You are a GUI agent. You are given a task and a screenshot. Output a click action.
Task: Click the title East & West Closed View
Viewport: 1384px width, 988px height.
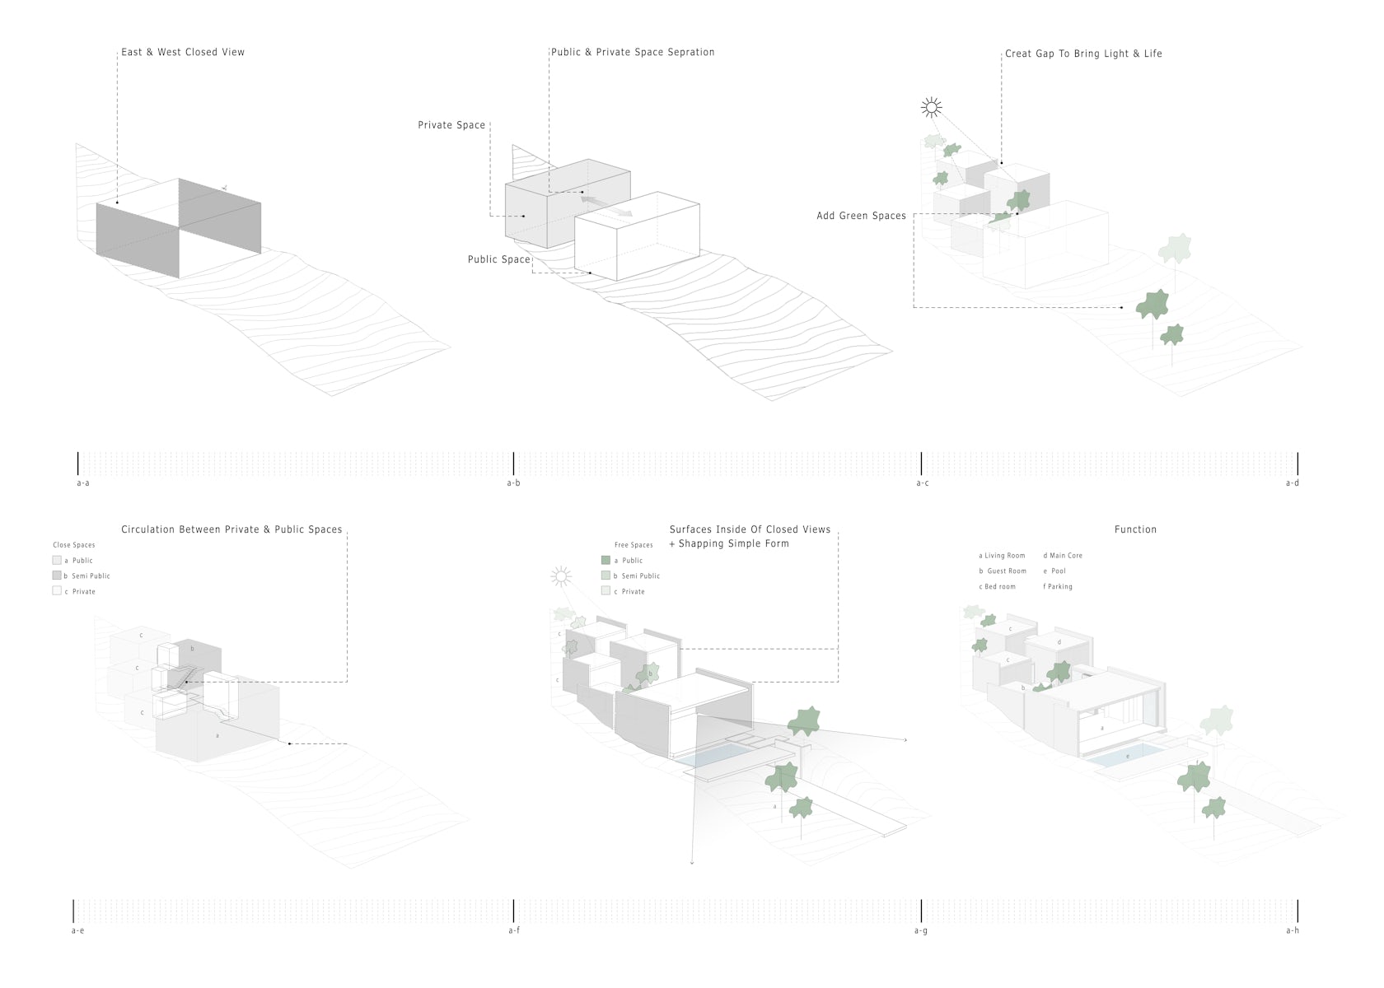[183, 52]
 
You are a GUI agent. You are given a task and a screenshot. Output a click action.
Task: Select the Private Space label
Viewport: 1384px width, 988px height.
[451, 125]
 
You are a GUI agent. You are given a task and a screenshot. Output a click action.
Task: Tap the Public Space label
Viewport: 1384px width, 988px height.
[499, 259]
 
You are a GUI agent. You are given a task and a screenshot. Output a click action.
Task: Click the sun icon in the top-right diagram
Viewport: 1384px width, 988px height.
[932, 107]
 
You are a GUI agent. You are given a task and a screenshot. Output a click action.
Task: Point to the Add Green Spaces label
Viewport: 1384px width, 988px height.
[861, 216]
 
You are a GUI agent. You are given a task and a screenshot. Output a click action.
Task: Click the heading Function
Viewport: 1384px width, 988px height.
[1135, 529]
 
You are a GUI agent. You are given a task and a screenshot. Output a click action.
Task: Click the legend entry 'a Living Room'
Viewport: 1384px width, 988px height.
[1002, 556]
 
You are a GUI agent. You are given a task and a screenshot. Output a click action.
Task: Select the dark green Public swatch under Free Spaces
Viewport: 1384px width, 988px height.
[606, 560]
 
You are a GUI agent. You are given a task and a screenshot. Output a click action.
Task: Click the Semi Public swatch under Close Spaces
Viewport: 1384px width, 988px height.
[57, 576]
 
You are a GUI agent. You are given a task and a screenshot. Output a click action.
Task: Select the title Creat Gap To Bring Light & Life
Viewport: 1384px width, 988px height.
[1083, 54]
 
